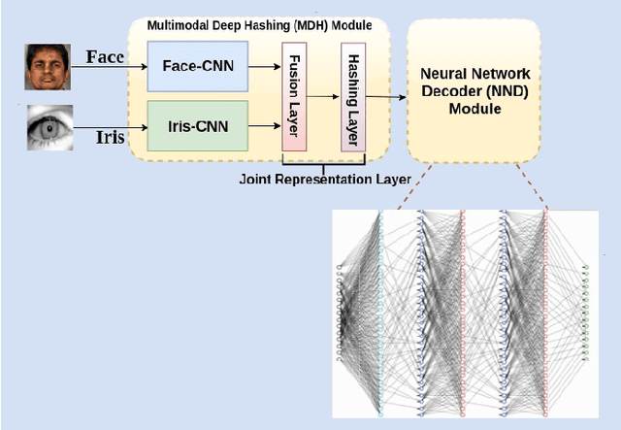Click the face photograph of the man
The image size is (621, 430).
pyautogui.click(x=43, y=68)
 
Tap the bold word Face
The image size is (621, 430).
pyautogui.click(x=106, y=58)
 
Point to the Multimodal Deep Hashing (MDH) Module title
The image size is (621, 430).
pyautogui.click(x=257, y=23)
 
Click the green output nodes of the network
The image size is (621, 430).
pyautogui.click(x=585, y=311)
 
